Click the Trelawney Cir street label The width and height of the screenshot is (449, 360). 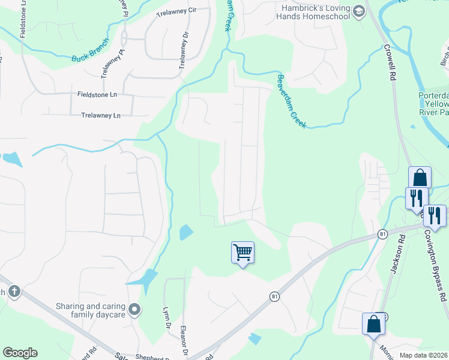[176, 11]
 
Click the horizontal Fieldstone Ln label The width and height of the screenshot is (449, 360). [97, 94]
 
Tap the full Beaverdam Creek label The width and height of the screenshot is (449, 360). [291, 101]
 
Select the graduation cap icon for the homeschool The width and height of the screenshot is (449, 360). [358, 11]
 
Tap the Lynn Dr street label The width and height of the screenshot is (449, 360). [166, 317]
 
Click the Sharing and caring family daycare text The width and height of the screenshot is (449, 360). [90, 310]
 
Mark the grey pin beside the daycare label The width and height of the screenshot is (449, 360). [135, 310]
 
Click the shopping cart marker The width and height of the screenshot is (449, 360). [243, 253]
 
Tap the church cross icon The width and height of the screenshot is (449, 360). [14, 292]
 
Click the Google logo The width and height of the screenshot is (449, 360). [19, 353]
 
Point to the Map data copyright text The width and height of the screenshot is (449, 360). [424, 355]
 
